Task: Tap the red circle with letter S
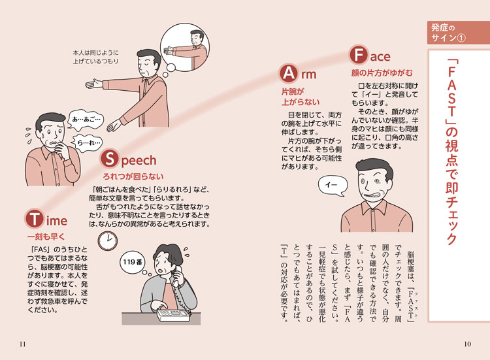[108, 159]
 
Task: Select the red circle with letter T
[34, 219]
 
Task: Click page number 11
[24, 345]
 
